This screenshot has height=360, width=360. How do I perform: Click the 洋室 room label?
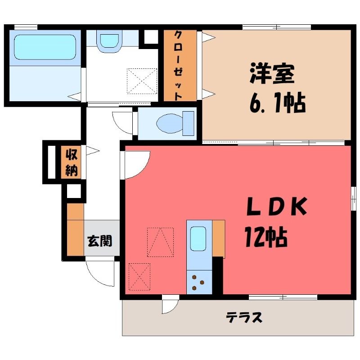(272, 73)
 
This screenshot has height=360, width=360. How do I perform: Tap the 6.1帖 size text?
(277, 103)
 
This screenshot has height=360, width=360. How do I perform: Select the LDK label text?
(276, 206)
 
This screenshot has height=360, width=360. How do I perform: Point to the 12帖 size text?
(266, 237)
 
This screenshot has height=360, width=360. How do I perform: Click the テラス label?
(244, 318)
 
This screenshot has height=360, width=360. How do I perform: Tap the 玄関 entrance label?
(100, 241)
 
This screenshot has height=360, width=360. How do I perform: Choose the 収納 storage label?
(72, 162)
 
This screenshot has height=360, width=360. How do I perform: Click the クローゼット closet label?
(178, 66)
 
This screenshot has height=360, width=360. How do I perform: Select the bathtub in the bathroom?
(45, 47)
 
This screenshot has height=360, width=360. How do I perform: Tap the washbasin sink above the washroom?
(109, 41)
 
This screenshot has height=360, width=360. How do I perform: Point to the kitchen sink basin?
(198, 239)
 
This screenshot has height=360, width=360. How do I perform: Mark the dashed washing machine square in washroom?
(142, 81)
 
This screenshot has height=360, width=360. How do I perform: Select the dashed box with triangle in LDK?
(160, 242)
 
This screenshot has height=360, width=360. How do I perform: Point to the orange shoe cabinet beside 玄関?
(75, 229)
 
